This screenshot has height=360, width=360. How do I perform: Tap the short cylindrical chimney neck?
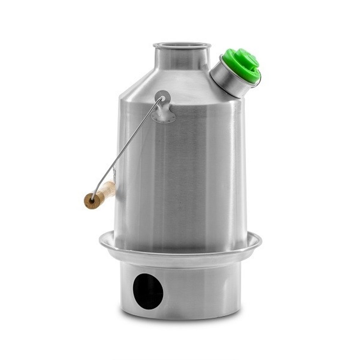point(182,59)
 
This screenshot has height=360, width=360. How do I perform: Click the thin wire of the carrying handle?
point(130,144)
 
